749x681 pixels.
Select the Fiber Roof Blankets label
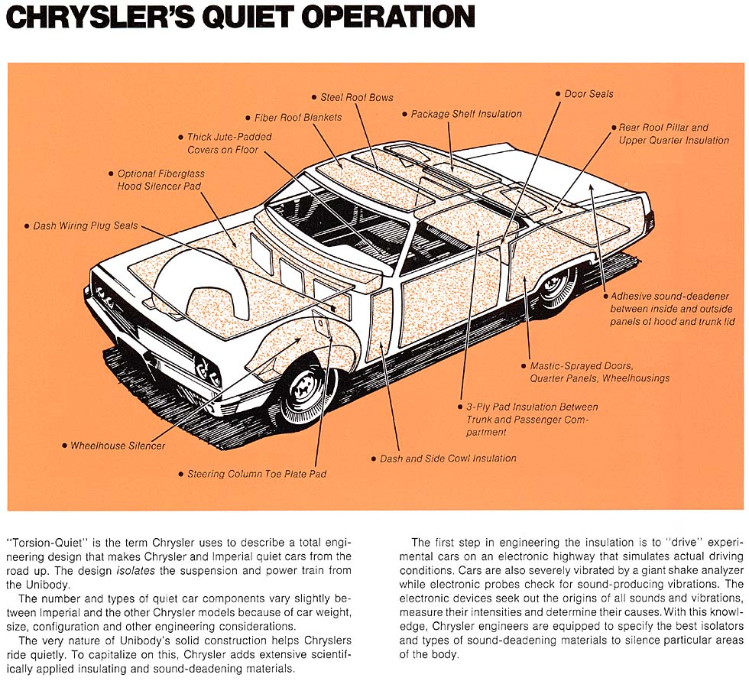[x=297, y=118]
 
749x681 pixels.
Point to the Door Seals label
[x=588, y=94]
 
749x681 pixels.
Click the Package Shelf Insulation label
[x=466, y=114]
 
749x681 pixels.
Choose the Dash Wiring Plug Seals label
[x=85, y=226]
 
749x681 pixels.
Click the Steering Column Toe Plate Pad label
[x=256, y=474]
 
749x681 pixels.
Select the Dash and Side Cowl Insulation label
[x=448, y=459]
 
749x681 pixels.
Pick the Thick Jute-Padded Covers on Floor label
[x=229, y=144]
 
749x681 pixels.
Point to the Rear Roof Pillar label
[x=664, y=128]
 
